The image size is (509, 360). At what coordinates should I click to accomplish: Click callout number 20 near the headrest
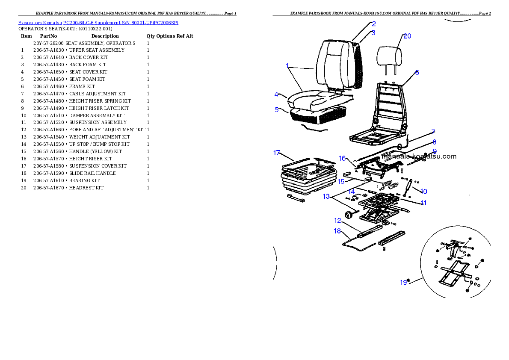(407, 36)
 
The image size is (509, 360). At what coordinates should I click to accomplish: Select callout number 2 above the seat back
(373, 24)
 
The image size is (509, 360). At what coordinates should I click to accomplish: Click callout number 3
(373, 32)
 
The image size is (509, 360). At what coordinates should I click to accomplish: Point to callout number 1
(287, 66)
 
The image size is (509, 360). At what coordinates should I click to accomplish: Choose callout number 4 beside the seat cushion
(276, 94)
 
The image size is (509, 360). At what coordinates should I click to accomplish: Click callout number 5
(276, 109)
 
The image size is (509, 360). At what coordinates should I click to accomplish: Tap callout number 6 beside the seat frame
(417, 73)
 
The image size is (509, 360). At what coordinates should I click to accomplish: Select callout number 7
(433, 132)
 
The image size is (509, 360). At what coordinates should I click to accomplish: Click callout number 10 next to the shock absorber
(423, 191)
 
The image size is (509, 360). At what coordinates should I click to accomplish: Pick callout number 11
(423, 203)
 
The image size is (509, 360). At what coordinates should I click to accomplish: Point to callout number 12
(337, 221)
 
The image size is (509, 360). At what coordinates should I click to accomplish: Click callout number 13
(326, 197)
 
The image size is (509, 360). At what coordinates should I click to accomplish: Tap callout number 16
(342, 158)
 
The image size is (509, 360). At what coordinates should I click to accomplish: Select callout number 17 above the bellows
(277, 153)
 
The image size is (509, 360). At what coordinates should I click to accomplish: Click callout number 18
(337, 231)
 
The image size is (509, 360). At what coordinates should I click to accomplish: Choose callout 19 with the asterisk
(405, 282)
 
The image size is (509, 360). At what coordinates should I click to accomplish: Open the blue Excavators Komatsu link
(98, 23)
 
